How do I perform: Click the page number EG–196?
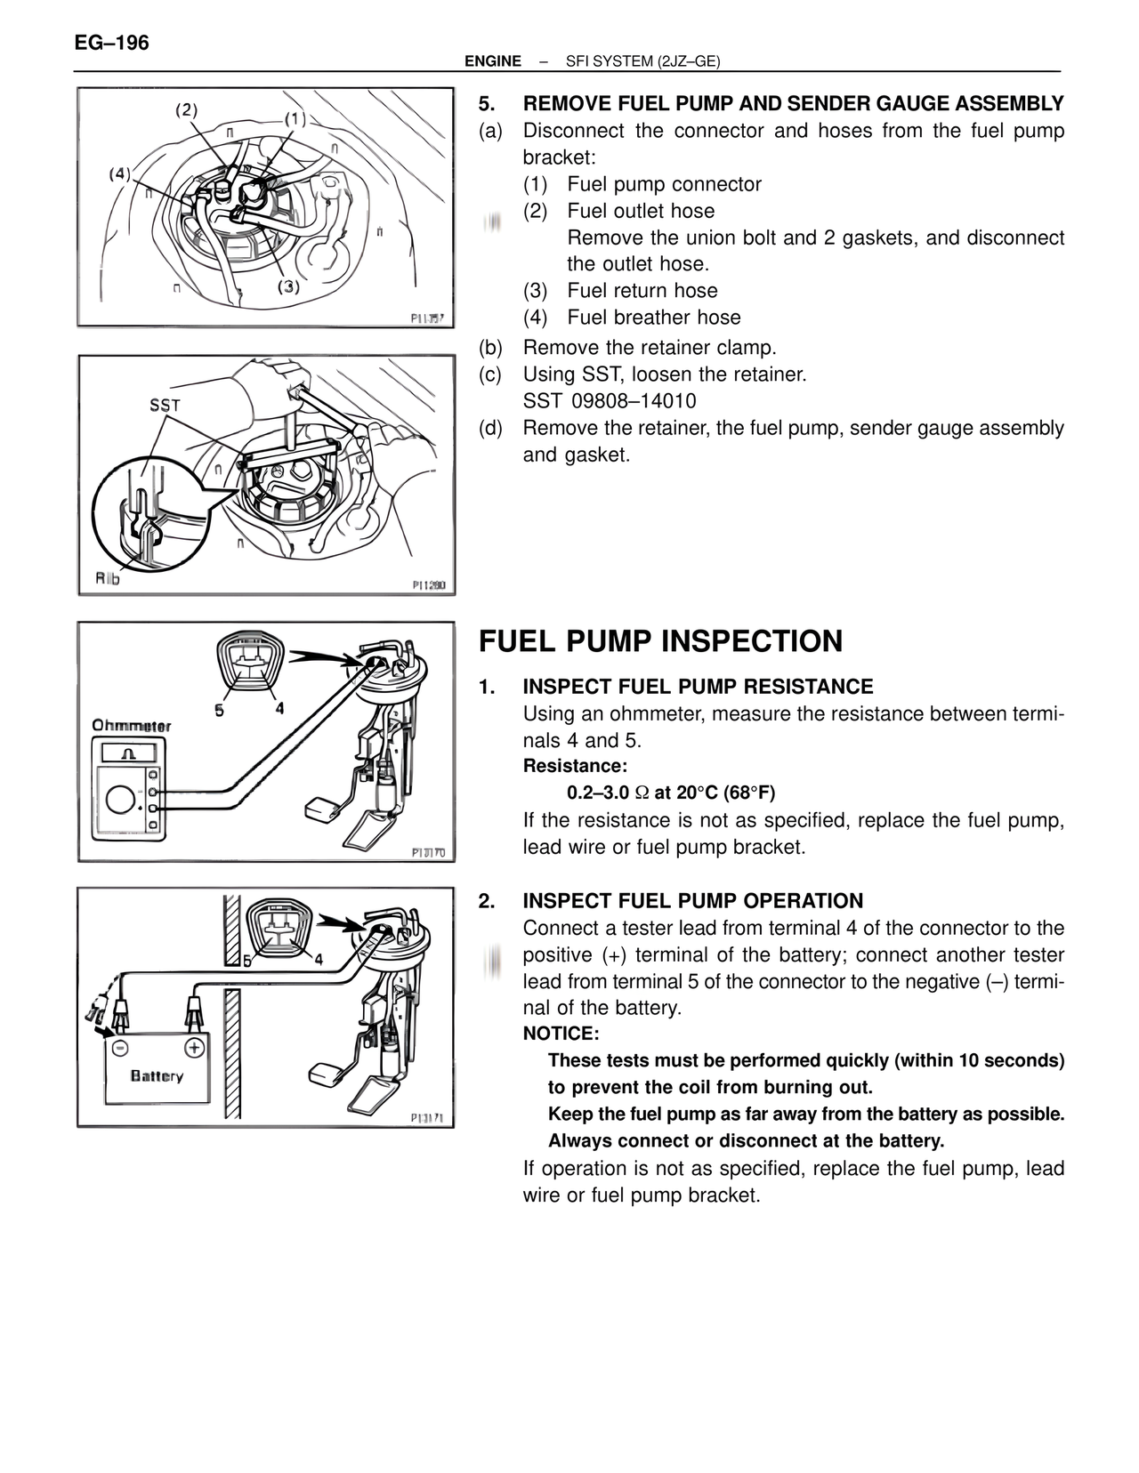click(111, 43)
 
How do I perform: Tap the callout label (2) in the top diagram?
click(186, 110)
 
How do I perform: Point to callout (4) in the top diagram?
click(119, 173)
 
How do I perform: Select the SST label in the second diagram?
click(165, 405)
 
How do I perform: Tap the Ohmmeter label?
click(132, 726)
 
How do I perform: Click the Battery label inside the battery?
click(157, 1076)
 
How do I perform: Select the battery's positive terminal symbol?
click(191, 1046)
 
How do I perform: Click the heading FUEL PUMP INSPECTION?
click(660, 641)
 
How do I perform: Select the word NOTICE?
click(561, 1034)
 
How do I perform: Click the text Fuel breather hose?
click(653, 318)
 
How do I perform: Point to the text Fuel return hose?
click(642, 291)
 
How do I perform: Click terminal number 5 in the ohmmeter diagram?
click(220, 709)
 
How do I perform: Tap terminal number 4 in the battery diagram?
click(318, 961)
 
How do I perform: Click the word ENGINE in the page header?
click(493, 61)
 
